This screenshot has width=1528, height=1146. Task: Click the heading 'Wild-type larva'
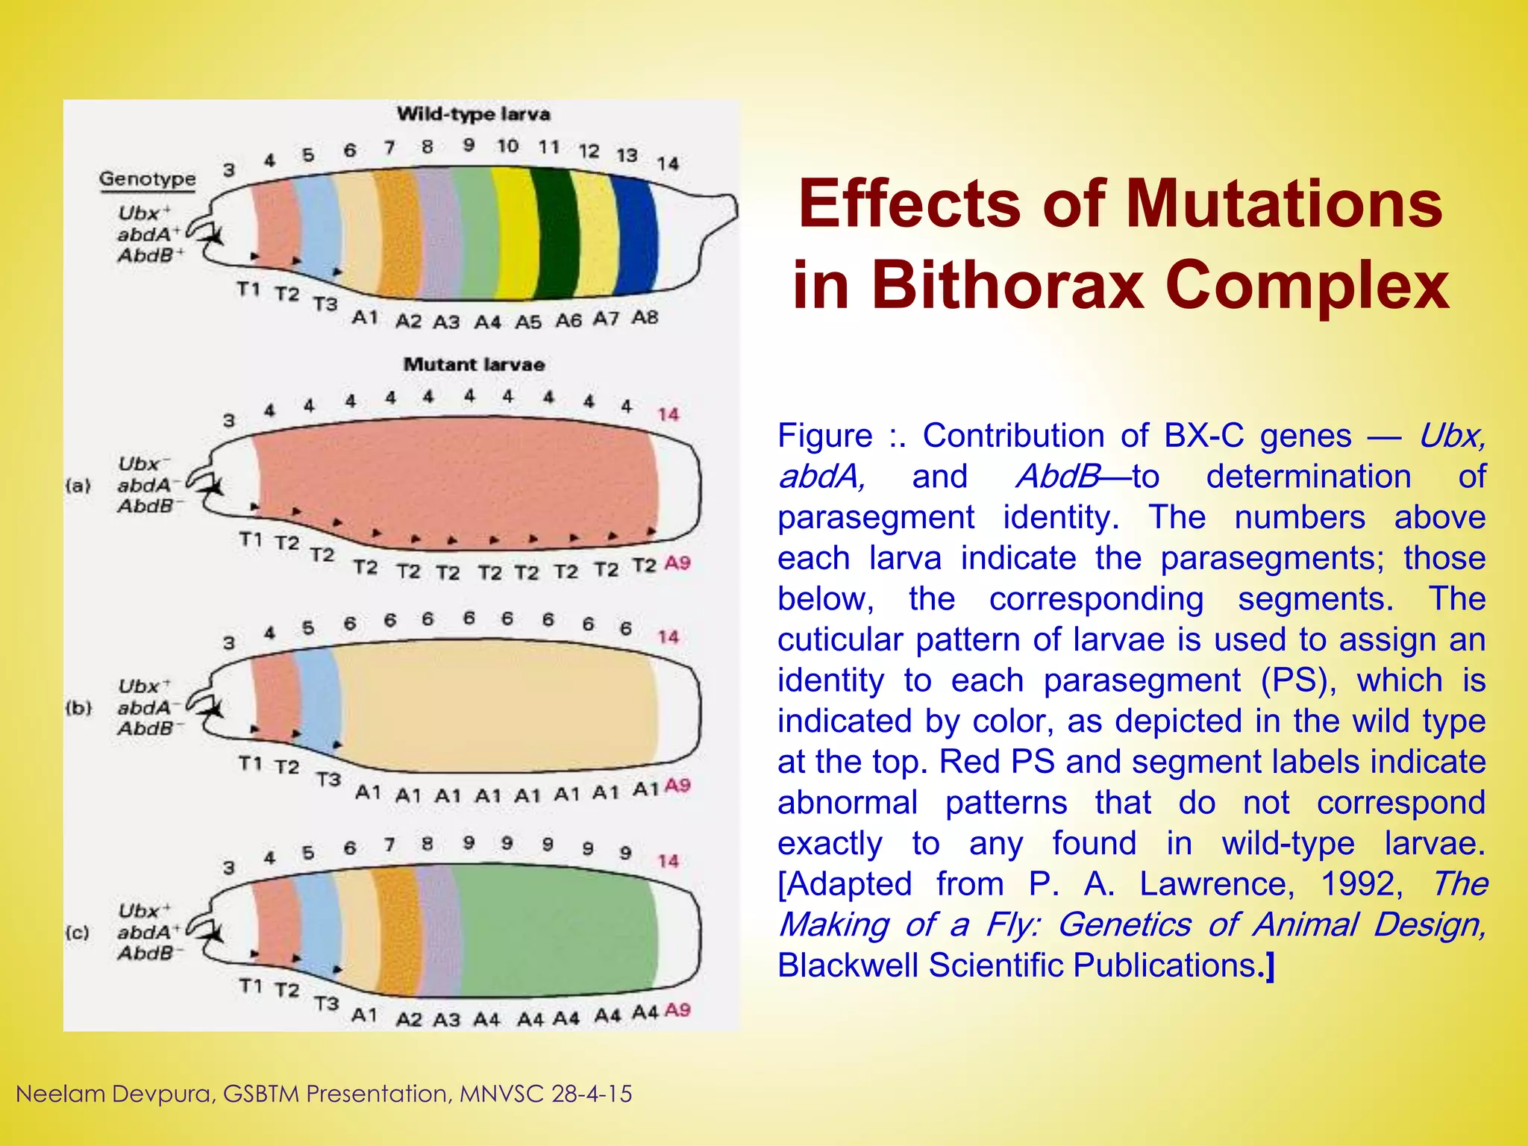point(473,114)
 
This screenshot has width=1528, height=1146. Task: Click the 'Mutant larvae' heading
point(474,365)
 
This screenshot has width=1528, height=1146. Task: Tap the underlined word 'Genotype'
point(147,179)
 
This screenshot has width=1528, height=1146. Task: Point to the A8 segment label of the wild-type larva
point(645,317)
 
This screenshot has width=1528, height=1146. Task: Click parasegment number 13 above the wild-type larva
point(626,154)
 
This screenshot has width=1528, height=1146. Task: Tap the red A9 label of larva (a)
point(677,563)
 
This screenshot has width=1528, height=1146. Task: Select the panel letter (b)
point(78,707)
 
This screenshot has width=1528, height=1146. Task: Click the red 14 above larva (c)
point(668,861)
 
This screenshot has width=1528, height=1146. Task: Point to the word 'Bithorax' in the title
point(1008,285)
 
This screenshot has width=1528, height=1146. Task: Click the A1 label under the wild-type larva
point(364,318)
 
